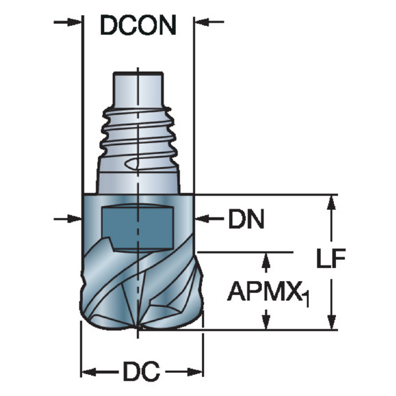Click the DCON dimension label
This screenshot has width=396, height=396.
click(x=138, y=25)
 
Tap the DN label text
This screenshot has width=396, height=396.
click(x=246, y=218)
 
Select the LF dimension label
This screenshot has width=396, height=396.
click(x=331, y=258)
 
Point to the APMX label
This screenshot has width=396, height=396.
click(x=265, y=291)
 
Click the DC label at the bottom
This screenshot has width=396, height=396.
click(x=141, y=372)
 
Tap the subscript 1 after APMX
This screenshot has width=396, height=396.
click(x=306, y=299)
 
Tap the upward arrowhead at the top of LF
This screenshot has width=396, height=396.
click(x=331, y=203)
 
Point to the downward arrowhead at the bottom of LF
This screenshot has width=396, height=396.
click(x=331, y=321)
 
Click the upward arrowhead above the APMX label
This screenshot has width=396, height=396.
click(x=266, y=261)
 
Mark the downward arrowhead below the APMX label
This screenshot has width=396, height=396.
click(x=266, y=321)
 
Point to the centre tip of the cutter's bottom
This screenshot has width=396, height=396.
click(x=138, y=327)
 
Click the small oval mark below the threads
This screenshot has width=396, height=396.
click(x=131, y=164)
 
